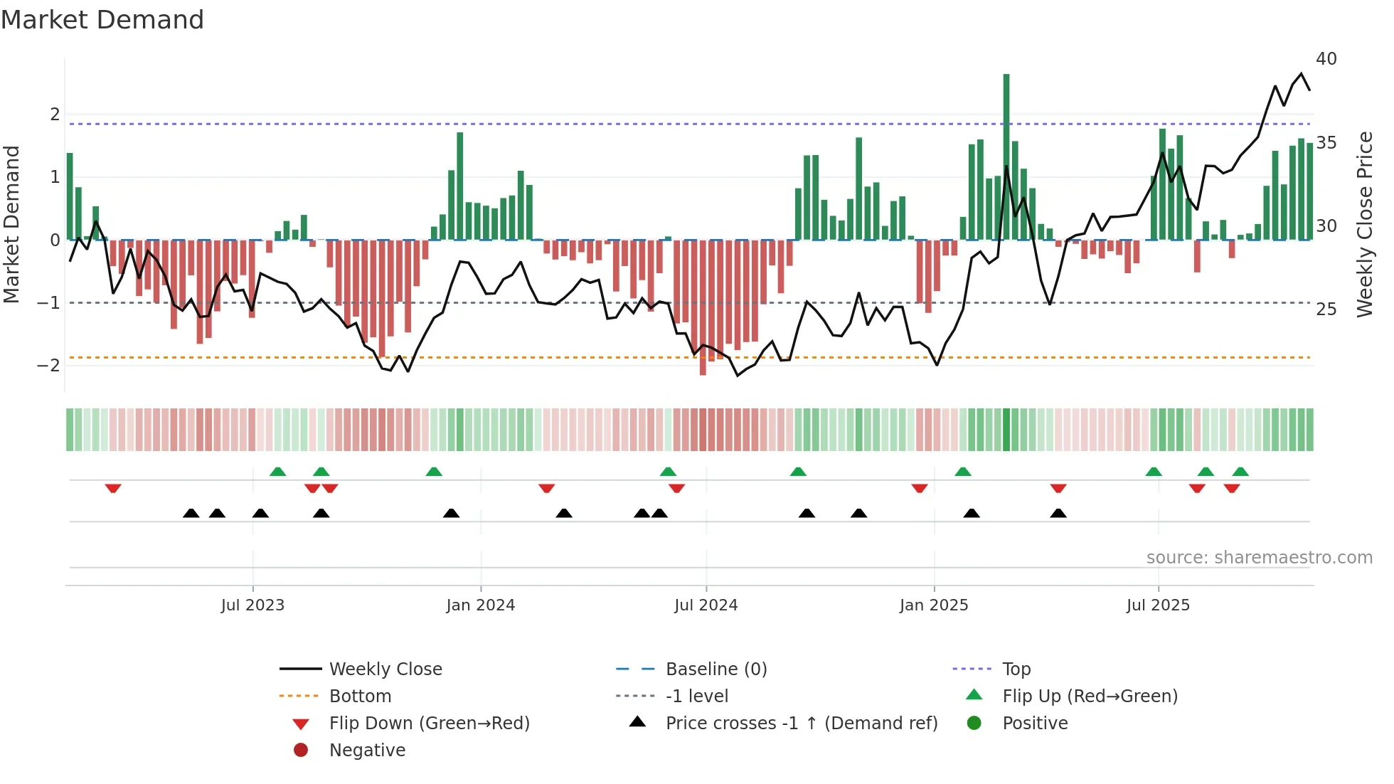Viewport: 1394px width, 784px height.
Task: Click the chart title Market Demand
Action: pyautogui.click(x=102, y=20)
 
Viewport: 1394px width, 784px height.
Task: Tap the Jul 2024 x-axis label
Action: pyautogui.click(x=706, y=605)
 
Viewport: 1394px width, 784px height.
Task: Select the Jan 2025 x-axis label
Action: pyautogui.click(x=933, y=605)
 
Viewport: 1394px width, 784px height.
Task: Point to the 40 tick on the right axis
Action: pyautogui.click(x=1326, y=59)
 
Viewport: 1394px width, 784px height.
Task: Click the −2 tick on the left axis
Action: pyautogui.click(x=48, y=366)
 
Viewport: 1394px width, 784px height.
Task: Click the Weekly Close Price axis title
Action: pyautogui.click(x=1364, y=224)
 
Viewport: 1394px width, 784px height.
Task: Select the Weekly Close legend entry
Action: pyautogui.click(x=385, y=669)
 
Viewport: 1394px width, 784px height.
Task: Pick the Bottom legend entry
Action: pyautogui.click(x=360, y=696)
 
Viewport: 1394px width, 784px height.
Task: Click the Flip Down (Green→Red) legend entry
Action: pyautogui.click(x=429, y=724)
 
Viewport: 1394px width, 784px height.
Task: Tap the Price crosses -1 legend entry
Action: pyautogui.click(x=801, y=724)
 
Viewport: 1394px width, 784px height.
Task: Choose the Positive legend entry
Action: pyautogui.click(x=1034, y=724)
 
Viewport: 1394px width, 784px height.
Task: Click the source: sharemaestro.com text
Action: pyautogui.click(x=1259, y=558)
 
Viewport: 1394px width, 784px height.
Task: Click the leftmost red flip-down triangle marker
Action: pyautogui.click(x=113, y=489)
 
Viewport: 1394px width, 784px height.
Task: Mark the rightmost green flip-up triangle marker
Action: pyautogui.click(x=1240, y=472)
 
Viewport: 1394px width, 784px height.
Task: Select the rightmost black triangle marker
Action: pyautogui.click(x=1058, y=514)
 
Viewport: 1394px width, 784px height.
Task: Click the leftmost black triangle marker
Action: pyautogui.click(x=191, y=514)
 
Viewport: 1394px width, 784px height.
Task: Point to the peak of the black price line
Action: pyautogui.click(x=1302, y=74)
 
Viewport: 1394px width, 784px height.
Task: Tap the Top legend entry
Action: pyautogui.click(x=1016, y=669)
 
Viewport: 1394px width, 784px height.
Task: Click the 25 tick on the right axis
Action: pyautogui.click(x=1326, y=309)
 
